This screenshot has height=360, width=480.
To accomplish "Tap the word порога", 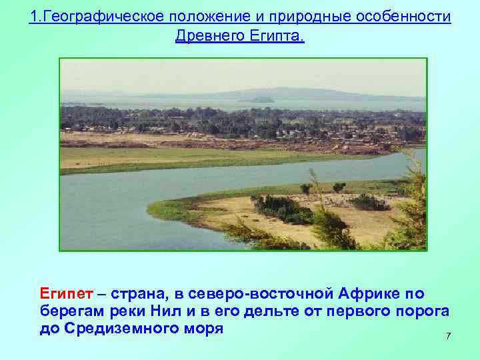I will click(421, 311).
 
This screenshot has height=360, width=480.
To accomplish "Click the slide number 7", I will click(449, 336).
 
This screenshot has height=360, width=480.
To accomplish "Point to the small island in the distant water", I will click(257, 100).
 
